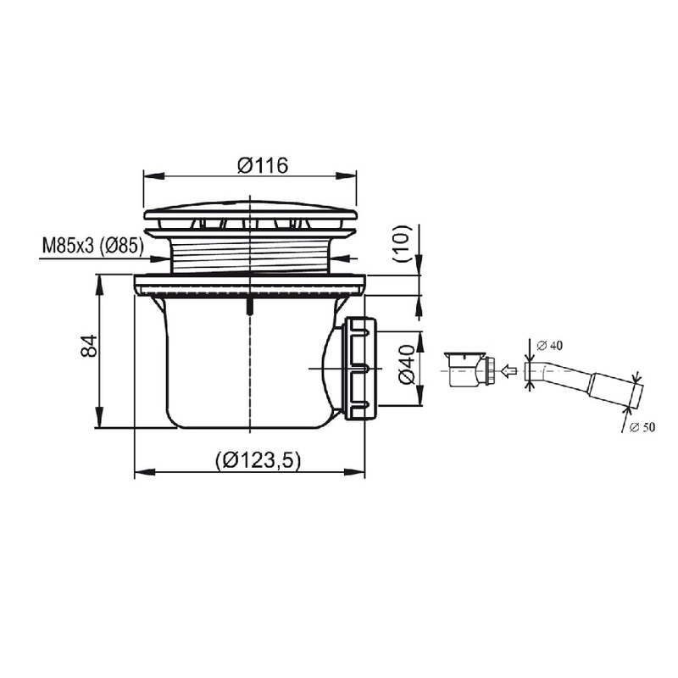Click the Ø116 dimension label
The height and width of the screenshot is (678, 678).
(x=263, y=165)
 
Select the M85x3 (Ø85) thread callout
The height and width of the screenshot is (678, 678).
(x=92, y=246)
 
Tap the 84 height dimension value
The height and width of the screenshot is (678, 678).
(x=90, y=346)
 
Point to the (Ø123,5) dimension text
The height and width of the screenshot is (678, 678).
(x=258, y=459)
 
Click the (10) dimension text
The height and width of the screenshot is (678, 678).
(x=401, y=243)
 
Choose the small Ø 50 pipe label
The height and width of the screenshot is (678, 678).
(x=642, y=428)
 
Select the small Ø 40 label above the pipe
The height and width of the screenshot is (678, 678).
(x=549, y=345)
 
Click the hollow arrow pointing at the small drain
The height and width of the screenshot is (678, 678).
(x=508, y=370)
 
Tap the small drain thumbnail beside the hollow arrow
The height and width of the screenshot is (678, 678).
(x=471, y=370)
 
